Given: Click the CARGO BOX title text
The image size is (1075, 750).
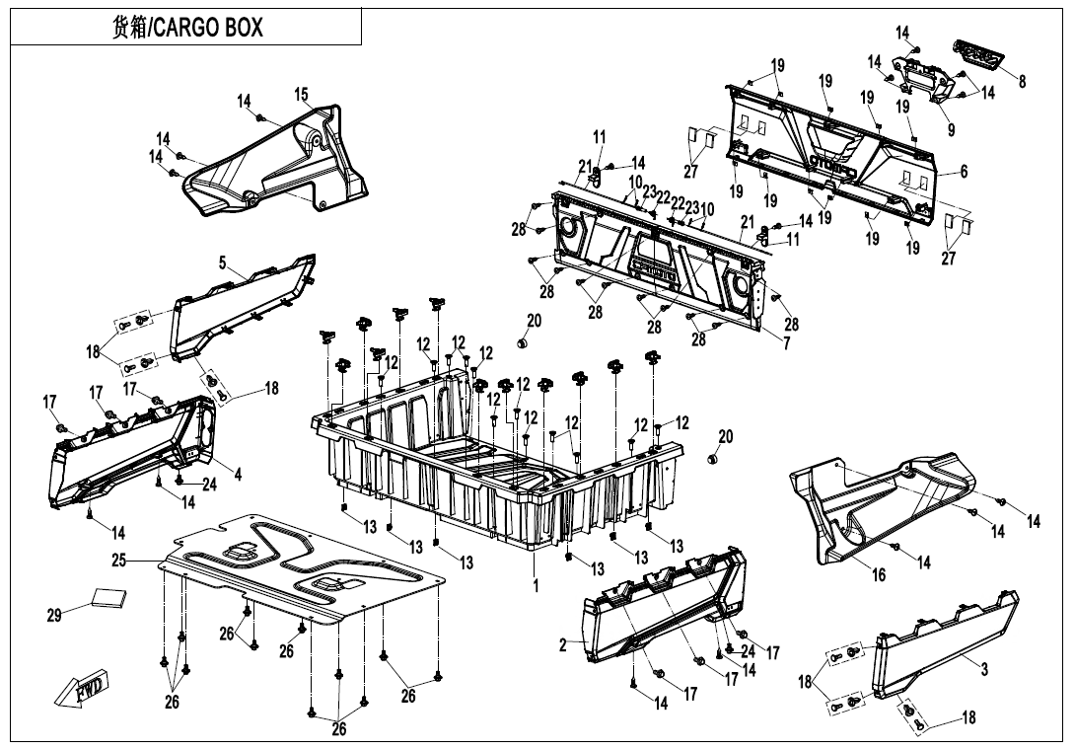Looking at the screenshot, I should [186, 27].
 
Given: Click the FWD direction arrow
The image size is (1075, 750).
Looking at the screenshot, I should [82, 691].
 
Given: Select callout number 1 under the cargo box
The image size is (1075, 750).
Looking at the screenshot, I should [536, 585].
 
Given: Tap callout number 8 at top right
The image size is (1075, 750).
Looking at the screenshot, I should [1022, 82].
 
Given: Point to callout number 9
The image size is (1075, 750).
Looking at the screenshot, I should [951, 129].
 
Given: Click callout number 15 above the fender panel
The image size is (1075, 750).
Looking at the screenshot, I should [301, 95].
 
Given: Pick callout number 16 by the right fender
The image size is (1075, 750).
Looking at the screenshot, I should [878, 575].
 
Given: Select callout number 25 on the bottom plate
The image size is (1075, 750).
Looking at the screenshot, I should [119, 561].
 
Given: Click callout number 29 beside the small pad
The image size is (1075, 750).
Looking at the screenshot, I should [54, 616].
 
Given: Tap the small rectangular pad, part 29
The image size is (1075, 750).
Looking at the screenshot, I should [109, 596].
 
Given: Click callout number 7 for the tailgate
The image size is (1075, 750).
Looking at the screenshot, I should [786, 343].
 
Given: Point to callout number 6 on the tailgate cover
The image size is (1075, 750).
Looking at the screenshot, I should [964, 172].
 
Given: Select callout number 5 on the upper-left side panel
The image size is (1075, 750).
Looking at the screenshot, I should [223, 262].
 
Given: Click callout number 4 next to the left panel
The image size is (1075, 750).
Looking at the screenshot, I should [238, 473].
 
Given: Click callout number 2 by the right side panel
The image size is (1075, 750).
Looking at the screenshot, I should [562, 645].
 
